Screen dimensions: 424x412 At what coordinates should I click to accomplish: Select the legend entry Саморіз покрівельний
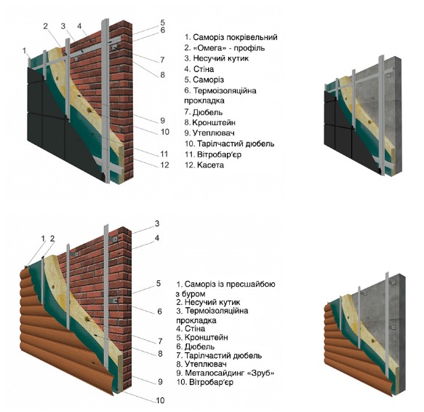pyautogui.click(x=235, y=37)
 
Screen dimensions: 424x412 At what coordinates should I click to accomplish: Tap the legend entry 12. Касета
pyautogui.click(x=204, y=165)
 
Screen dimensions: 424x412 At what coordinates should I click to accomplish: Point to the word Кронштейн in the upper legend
pyautogui.click(x=214, y=122)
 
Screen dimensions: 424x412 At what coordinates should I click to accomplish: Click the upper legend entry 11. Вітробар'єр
pyautogui.click(x=213, y=154)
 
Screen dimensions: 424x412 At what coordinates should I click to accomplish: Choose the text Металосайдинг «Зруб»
pyautogui.click(x=230, y=373)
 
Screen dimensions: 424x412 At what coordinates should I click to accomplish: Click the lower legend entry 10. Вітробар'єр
pyautogui.click(x=204, y=382)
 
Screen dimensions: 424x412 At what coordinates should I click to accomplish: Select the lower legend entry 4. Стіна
pyautogui.click(x=191, y=328)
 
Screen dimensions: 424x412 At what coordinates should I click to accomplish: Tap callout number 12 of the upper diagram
pyautogui.click(x=164, y=165)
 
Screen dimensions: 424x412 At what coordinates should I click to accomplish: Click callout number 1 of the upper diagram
pyautogui.click(x=25, y=51)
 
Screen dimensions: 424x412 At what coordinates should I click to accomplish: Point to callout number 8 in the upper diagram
pyautogui.click(x=162, y=75)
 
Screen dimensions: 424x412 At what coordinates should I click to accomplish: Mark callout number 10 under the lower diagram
pyautogui.click(x=160, y=400)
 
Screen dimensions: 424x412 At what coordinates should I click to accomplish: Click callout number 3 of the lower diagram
pyautogui.click(x=157, y=223)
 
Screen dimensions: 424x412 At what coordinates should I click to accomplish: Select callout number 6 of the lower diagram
pyautogui.click(x=159, y=312)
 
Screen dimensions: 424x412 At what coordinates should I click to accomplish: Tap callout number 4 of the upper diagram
pyautogui.click(x=79, y=26)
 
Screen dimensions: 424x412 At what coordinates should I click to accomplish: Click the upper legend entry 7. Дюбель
pyautogui.click(x=204, y=112)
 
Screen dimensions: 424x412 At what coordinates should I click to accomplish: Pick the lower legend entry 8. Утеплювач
pyautogui.click(x=201, y=364)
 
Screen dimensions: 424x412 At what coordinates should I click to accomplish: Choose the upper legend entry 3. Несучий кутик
pyautogui.click(x=216, y=58)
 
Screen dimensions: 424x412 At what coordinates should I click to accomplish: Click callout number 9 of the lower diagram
pyautogui.click(x=160, y=381)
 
